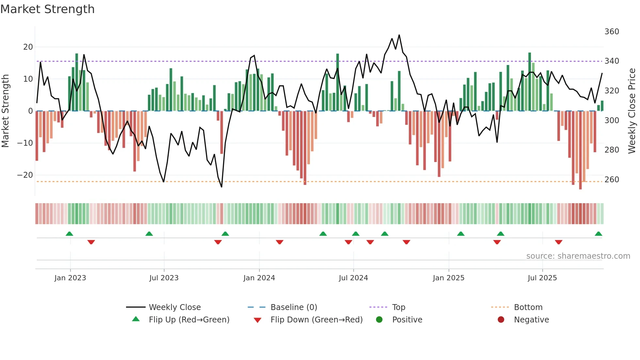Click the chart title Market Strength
(x=47, y=9)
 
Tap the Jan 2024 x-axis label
(x=259, y=278)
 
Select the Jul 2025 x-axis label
(x=542, y=278)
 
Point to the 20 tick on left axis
(x=28, y=47)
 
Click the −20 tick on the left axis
(x=25, y=175)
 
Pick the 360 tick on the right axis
(x=612, y=32)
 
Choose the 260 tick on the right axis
(x=612, y=179)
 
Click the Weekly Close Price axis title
(x=632, y=111)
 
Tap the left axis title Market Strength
(x=6, y=111)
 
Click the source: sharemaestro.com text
(x=578, y=256)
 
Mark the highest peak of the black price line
(x=399, y=35)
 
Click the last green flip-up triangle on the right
(x=598, y=234)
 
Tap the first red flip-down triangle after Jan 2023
(x=91, y=242)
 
